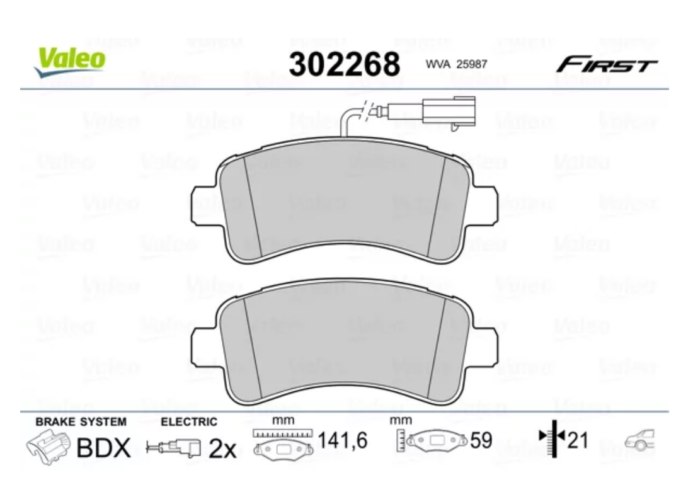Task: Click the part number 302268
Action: coord(344,64)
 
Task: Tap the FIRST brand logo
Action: coord(605,64)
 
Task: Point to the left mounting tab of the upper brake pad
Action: coord(205,203)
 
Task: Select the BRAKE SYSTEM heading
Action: coord(81,421)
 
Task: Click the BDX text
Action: coord(103,448)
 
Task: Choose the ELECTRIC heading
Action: coord(189,421)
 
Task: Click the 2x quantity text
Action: coord(221,449)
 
